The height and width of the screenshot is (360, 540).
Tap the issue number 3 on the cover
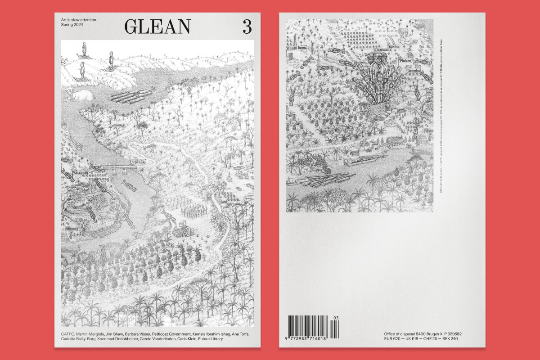point(247,27)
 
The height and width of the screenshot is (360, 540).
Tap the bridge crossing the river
point(119,167)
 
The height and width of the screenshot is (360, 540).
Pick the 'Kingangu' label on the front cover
point(72,229)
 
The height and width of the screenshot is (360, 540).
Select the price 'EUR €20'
point(387,338)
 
